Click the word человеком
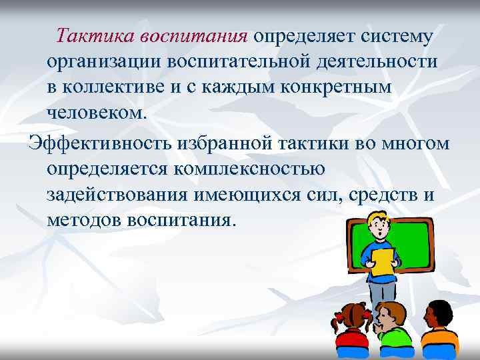point(94,113)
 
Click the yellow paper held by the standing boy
point(383,261)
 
